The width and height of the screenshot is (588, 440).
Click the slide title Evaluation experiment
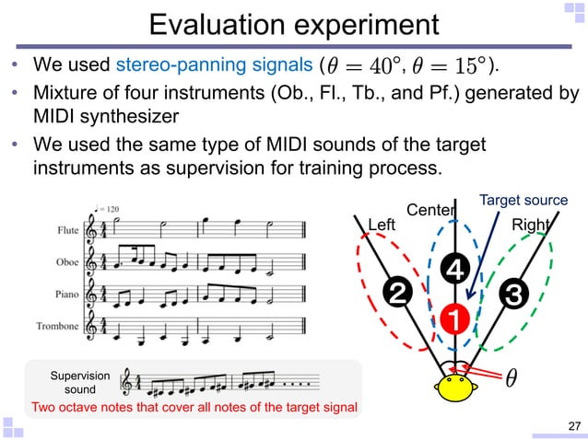294,25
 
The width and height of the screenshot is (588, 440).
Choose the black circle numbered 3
512,295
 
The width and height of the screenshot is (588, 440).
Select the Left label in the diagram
381,224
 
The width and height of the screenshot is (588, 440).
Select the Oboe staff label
66,264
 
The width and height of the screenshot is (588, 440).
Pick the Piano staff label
66,295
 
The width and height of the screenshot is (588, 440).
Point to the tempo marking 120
112,209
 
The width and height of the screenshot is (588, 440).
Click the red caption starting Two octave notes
194,406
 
